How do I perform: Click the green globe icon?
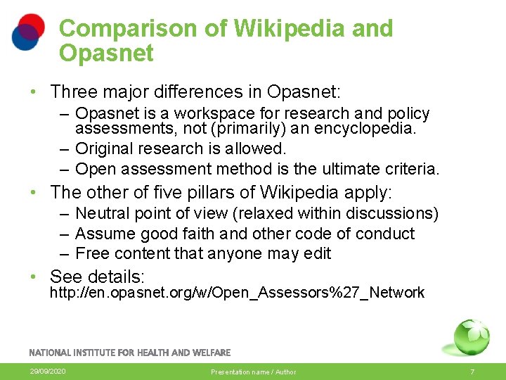[x=470, y=337]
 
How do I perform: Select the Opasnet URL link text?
[x=236, y=293]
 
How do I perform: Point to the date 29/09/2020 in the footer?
[x=48, y=371]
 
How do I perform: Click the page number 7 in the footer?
[x=472, y=372]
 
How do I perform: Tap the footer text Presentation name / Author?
[x=254, y=372]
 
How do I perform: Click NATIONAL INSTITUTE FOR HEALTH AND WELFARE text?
[x=129, y=352]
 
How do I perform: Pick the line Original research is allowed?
[x=181, y=148]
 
